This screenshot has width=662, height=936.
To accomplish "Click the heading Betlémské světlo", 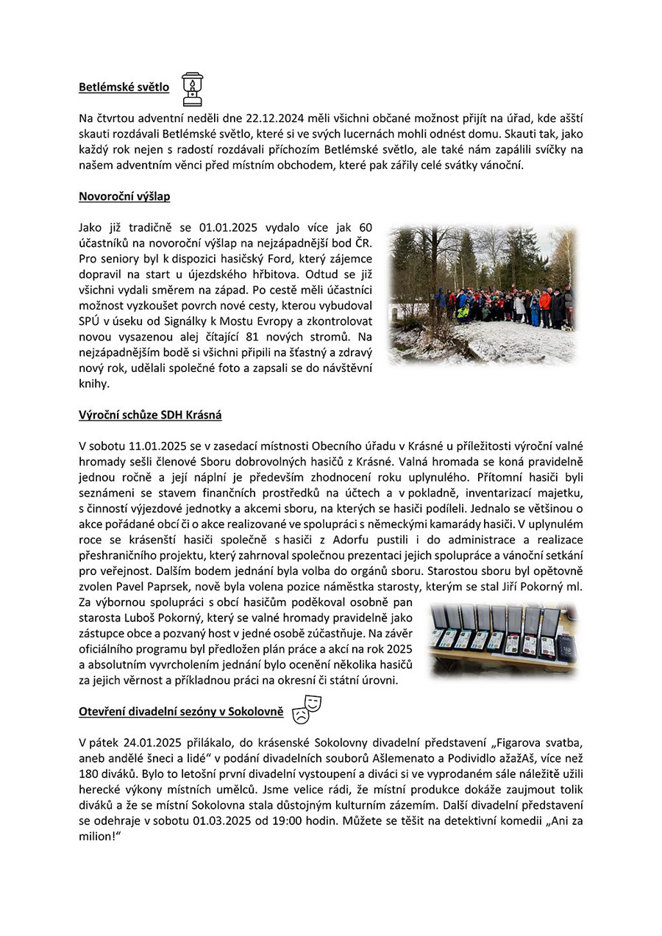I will pyautogui.click(x=124, y=87).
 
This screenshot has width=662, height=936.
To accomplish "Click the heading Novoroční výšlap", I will pyautogui.click(x=124, y=196).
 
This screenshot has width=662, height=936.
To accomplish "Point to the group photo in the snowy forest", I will pyautogui.click(x=483, y=294).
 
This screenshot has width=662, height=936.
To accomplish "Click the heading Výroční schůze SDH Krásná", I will pyautogui.click(x=150, y=415).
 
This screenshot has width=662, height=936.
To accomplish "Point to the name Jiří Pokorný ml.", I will pyautogui.click(x=541, y=586).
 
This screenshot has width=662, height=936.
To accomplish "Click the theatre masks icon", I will pyautogui.click(x=307, y=709).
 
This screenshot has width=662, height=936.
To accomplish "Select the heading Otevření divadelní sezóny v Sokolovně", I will pyautogui.click(x=181, y=712).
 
